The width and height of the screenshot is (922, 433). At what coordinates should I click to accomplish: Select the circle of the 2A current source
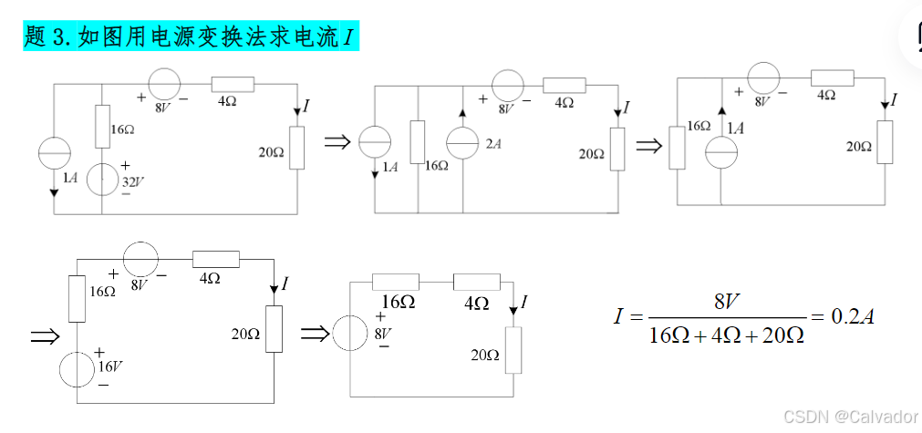(x=463, y=144)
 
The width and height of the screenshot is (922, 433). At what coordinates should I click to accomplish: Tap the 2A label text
(x=493, y=144)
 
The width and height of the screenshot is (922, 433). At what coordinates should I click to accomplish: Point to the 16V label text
(x=110, y=366)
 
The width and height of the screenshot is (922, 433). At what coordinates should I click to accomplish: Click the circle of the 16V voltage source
(x=77, y=369)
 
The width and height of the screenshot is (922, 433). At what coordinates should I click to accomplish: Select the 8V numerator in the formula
(x=727, y=300)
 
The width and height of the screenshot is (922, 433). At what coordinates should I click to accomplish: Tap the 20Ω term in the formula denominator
(x=782, y=335)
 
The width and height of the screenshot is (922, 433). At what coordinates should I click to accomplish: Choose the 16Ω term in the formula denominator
(x=669, y=335)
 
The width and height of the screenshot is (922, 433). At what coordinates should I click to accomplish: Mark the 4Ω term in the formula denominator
(x=726, y=335)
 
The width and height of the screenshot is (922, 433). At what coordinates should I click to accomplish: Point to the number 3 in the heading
(x=60, y=37)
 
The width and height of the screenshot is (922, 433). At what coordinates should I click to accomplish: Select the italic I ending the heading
(x=347, y=37)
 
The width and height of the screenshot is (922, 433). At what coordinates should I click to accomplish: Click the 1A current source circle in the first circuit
(x=55, y=154)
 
